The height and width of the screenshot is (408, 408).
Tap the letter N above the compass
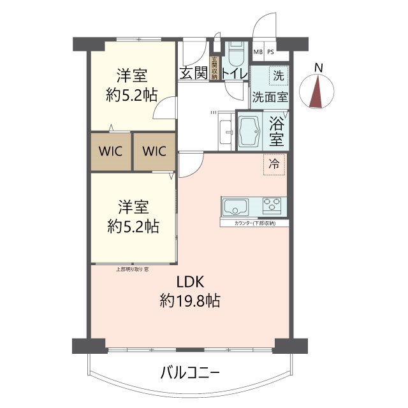pos(319,68)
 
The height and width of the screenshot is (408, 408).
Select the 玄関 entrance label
pos(193,73)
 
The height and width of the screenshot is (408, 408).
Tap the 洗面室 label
pos(270,98)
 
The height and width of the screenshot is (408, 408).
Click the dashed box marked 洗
pos(278,75)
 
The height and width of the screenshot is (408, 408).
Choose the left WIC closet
pos(110,152)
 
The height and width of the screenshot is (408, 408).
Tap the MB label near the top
pos(258,52)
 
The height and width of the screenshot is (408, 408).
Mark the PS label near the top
pos(271,52)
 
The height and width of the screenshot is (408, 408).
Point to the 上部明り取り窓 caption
pos(133,268)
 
